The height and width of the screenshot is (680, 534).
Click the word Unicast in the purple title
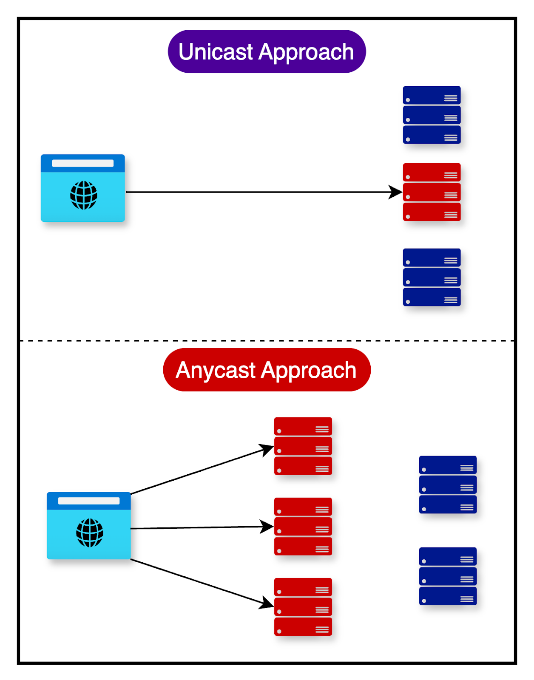tap(216, 52)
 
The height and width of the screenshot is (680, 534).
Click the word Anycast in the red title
tap(215, 370)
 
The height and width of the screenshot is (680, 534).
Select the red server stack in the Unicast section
tap(432, 192)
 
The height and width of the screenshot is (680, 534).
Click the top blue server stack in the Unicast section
tap(432, 115)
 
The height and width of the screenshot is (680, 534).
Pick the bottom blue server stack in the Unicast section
tap(432, 277)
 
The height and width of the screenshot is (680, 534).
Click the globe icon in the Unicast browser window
tap(84, 195)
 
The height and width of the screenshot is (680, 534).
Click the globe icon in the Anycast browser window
tap(90, 533)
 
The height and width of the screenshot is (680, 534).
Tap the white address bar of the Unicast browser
tap(83, 163)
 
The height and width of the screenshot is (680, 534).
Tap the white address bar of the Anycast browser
tap(89, 501)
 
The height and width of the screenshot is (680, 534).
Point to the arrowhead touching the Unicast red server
tap(395, 192)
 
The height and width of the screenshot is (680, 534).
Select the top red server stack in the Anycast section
tap(303, 446)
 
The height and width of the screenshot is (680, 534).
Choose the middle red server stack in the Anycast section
tap(303, 526)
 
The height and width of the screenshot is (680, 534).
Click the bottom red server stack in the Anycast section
tap(303, 606)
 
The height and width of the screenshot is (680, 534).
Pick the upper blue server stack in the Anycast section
tap(448, 484)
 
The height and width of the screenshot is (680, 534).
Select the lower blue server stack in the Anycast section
tap(448, 576)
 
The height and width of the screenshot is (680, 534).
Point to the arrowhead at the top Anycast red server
tap(267, 449)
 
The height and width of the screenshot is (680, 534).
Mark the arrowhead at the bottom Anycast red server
tap(267, 603)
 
